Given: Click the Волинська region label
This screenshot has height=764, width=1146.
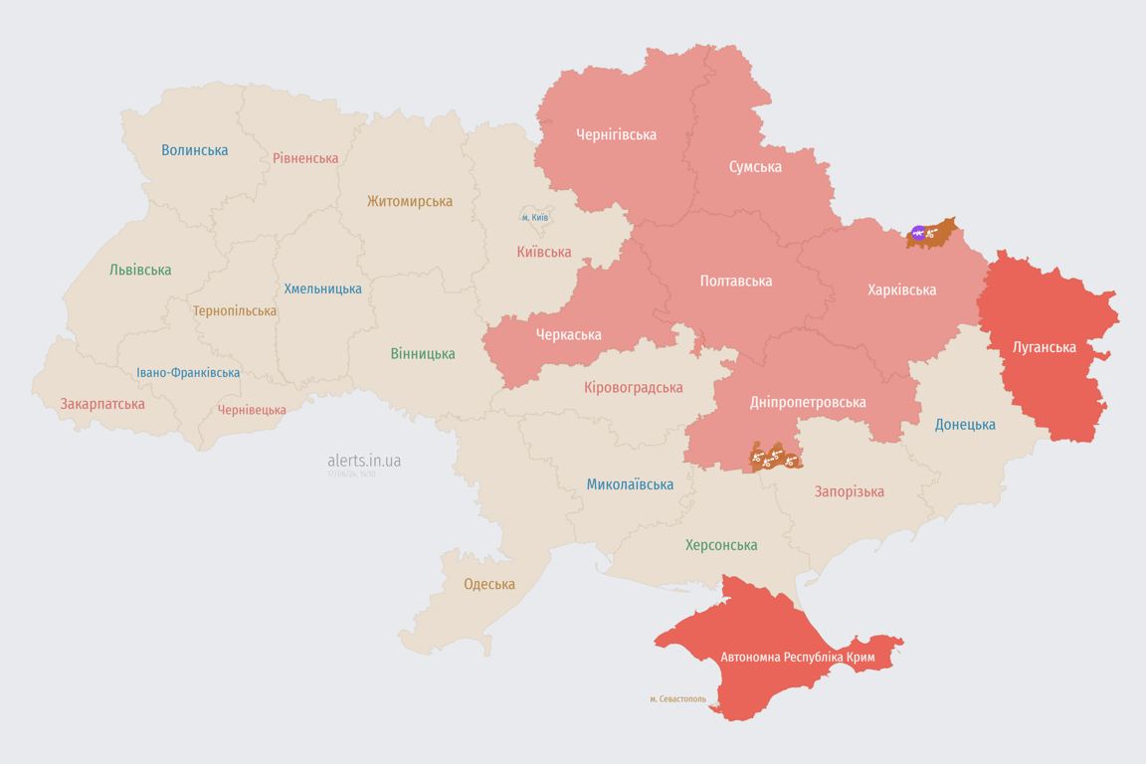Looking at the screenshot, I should pyautogui.click(x=195, y=150).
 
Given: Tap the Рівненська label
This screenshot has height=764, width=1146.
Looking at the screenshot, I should pyautogui.click(x=305, y=158).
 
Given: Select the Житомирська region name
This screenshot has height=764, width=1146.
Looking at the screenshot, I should pyautogui.click(x=410, y=201).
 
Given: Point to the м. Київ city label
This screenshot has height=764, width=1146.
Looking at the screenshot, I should pyautogui.click(x=534, y=217).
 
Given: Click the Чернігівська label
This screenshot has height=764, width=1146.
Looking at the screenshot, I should pyautogui.click(x=616, y=134).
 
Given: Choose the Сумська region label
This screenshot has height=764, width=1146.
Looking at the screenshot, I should pyautogui.click(x=755, y=166).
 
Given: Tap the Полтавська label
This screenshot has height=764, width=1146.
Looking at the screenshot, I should pyautogui.click(x=736, y=281).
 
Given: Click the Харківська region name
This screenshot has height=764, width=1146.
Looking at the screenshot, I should pyautogui.click(x=901, y=289).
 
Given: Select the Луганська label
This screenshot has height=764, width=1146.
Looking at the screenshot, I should pyautogui.click(x=1044, y=347).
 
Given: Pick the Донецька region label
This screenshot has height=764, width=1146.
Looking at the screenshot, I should pyautogui.click(x=965, y=424).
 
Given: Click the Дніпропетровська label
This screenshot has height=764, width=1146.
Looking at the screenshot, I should pyautogui.click(x=807, y=402).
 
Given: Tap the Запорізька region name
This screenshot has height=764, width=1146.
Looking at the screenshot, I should pyautogui.click(x=849, y=491).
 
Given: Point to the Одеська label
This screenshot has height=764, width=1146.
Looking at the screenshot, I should pyautogui.click(x=489, y=584).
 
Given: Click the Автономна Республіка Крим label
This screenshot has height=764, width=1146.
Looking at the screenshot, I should pyautogui.click(x=797, y=658).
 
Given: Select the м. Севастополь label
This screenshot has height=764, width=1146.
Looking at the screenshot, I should pyautogui.click(x=677, y=698).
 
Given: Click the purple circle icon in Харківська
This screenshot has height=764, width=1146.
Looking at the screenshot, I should pyautogui.click(x=918, y=234).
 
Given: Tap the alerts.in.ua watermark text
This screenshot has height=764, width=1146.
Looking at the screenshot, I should pyautogui.click(x=364, y=461).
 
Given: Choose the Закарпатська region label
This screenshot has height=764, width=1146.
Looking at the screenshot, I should pyautogui.click(x=102, y=404).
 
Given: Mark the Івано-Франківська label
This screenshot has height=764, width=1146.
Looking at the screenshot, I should pyautogui.click(x=188, y=373).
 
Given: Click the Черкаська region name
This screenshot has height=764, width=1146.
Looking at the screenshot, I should pyautogui.click(x=568, y=334).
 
